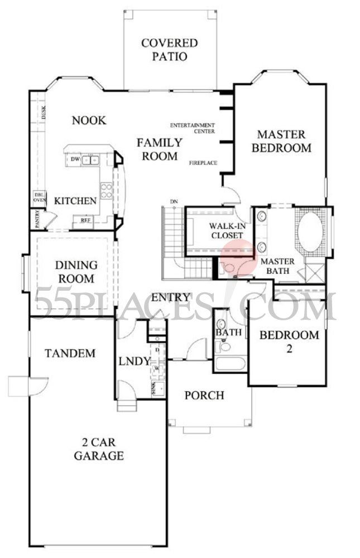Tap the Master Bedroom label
281,141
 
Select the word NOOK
89,120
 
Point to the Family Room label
159,149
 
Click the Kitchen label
75,201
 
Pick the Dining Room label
75,272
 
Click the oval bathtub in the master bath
310,232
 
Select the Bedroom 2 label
289,341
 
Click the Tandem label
70,353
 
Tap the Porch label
204,396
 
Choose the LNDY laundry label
135,361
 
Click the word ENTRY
171,297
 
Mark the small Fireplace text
203,163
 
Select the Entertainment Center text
193,128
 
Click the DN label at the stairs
174,201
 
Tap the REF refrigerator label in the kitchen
86,221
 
